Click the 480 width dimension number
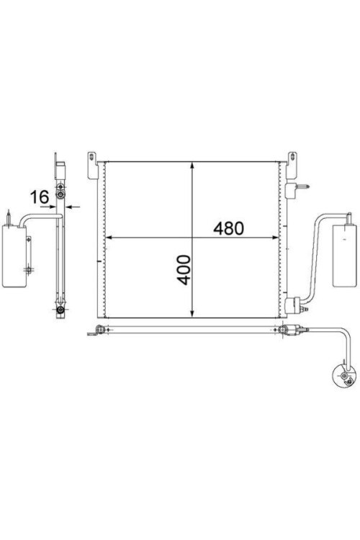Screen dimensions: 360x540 coord(228,228)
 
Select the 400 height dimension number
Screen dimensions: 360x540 coord(184,270)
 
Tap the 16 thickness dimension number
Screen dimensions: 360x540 coord(40,197)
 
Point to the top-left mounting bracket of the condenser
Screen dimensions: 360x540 coord(92,166)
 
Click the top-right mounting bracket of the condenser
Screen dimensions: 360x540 coord(292,166)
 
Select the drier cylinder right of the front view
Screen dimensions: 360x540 coord(343,255)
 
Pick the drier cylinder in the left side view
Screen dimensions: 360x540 coord(14,256)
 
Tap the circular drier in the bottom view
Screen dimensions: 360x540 coord(343,375)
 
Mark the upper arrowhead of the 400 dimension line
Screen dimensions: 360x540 coord(192,167)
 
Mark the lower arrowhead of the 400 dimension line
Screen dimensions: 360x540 coord(192,312)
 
